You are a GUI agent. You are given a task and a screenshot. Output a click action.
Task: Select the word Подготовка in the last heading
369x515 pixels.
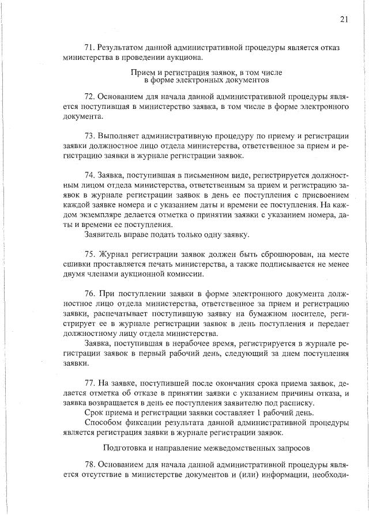[122, 446]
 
